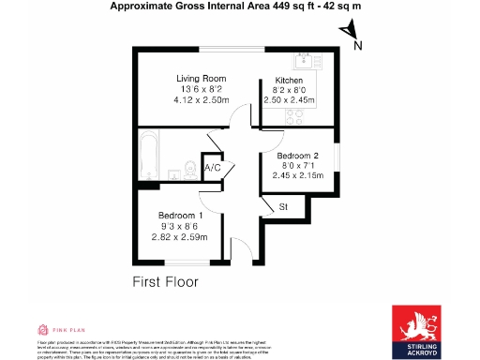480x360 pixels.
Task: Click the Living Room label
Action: point(201,79)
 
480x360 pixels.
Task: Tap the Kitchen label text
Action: point(289,81)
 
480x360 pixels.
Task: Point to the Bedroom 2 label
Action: point(297,155)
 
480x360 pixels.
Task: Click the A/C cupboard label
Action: point(213,169)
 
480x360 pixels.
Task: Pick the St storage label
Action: point(283,206)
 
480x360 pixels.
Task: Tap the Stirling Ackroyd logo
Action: point(419,330)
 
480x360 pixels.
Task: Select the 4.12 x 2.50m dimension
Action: point(201,99)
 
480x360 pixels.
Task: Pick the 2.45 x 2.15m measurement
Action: point(297,175)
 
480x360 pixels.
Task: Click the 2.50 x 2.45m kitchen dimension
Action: point(291,101)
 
